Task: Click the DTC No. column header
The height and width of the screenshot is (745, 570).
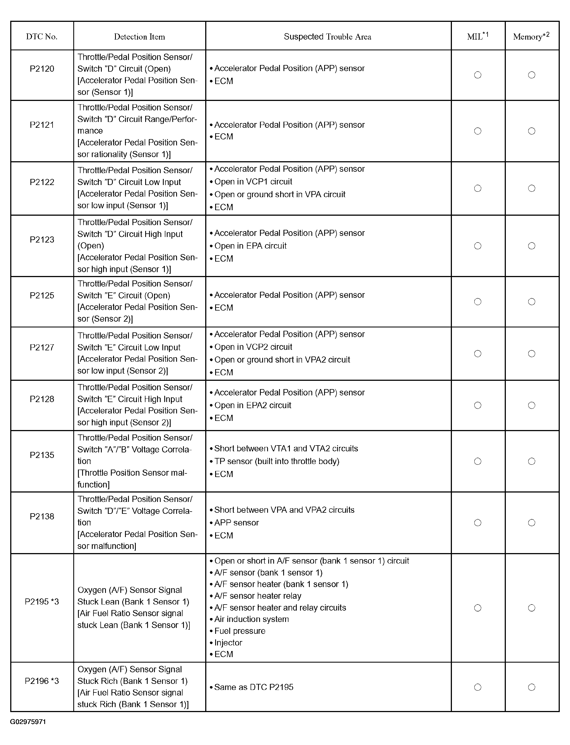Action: click(42, 37)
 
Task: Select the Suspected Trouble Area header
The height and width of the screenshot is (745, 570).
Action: click(327, 37)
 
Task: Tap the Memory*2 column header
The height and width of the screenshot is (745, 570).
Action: click(531, 36)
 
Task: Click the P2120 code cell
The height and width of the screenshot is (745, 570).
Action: click(42, 69)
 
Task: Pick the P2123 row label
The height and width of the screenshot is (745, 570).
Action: click(42, 240)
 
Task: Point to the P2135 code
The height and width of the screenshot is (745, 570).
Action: click(42, 455)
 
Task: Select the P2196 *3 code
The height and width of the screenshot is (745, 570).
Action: click(42, 681)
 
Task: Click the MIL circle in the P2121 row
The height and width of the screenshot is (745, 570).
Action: click(478, 131)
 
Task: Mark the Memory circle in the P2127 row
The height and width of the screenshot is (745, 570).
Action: click(532, 353)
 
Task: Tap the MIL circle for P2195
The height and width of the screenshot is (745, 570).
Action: click(478, 608)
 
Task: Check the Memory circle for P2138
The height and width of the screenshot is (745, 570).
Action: click(532, 523)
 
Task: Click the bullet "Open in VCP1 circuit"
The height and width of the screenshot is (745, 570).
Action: click(253, 182)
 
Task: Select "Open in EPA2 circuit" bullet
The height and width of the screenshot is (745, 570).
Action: click(253, 405)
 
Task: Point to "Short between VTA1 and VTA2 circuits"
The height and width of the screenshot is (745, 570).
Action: click(286, 449)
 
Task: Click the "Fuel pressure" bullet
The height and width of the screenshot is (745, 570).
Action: click(240, 631)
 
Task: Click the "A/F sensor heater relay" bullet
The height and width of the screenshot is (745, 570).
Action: click(258, 596)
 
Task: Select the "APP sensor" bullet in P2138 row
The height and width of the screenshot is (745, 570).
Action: click(236, 523)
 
